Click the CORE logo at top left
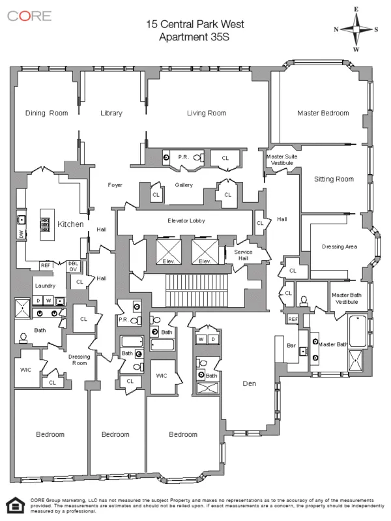pyautogui.click(x=30, y=16)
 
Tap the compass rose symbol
pyautogui.click(x=356, y=29)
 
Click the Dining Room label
pyautogui.click(x=46, y=113)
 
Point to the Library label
pyautogui.click(x=111, y=113)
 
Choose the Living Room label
pyautogui.click(x=206, y=113)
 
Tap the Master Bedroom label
pyautogui.click(x=323, y=113)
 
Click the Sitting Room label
pyautogui.click(x=334, y=179)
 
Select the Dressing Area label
pyautogui.click(x=340, y=246)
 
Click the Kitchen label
pyautogui.click(x=70, y=224)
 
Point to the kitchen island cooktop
pyautogui.click(x=46, y=224)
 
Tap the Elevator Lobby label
pyautogui.click(x=186, y=221)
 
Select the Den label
pyautogui.click(x=250, y=384)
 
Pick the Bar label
pyautogui.click(x=291, y=346)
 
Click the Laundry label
pyautogui.click(x=45, y=286)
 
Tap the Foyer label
pyautogui.click(x=115, y=185)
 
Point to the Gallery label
pyautogui.click(x=184, y=185)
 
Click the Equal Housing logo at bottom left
pyautogui.click(x=12, y=505)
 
